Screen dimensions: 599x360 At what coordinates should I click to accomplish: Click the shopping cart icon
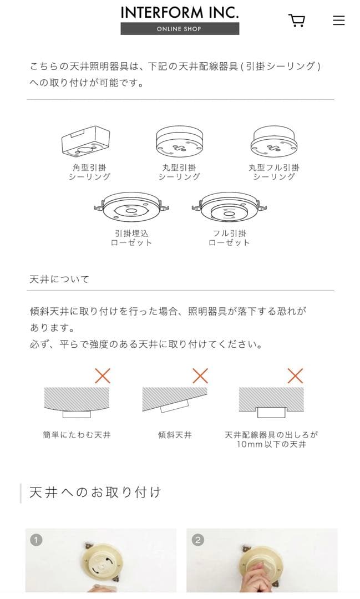297,21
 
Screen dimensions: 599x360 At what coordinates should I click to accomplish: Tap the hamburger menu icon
338,21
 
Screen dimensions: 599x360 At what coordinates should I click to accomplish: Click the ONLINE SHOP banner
180,29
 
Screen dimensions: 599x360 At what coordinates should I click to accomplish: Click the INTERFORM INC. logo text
180,12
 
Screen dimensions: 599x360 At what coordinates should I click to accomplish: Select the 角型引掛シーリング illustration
85,141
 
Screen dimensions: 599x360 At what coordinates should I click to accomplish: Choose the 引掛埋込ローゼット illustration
131,208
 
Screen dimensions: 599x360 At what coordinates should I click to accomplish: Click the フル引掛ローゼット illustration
230,208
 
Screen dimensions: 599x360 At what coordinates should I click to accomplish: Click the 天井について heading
59,279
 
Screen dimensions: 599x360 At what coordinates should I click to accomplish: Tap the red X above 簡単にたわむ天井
103,375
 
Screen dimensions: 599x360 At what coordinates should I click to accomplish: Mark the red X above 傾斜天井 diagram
200,375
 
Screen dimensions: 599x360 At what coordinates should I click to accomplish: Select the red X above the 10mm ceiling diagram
295,375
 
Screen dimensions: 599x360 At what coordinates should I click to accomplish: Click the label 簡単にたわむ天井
77,435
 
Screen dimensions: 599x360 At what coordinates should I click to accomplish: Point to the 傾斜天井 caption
175,435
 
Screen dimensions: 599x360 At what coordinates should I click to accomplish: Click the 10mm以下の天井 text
271,444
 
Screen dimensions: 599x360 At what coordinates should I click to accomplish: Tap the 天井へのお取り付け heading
95,492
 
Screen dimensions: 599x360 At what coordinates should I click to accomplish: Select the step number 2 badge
198,540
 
